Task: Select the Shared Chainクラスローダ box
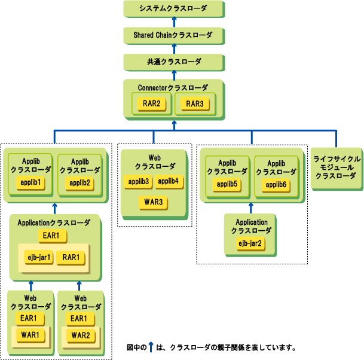point(173,35)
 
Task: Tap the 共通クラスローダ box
point(173,62)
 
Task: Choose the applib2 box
point(80,182)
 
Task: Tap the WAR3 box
point(154,202)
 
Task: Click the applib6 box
point(277,184)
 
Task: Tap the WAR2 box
point(80,335)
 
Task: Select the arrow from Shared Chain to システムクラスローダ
point(173,22)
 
